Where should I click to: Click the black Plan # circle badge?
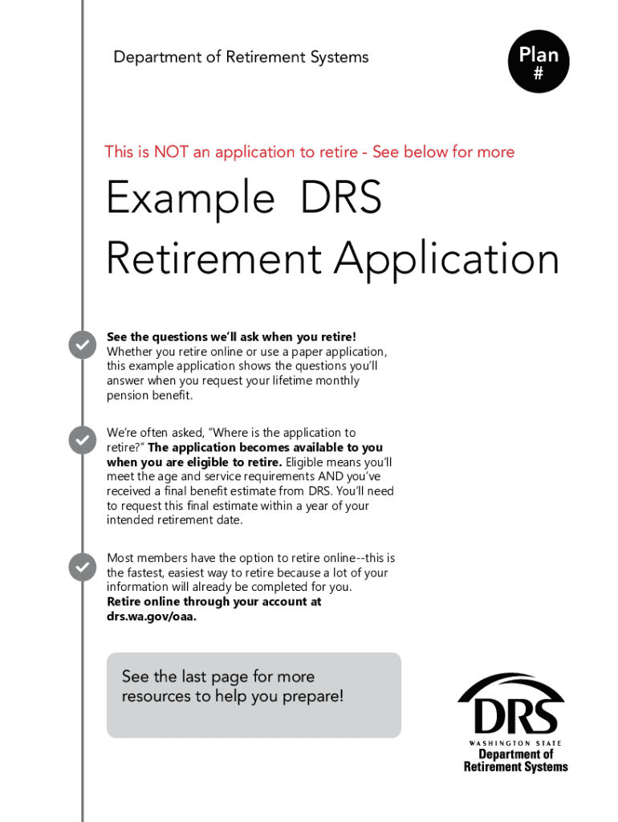point(539,63)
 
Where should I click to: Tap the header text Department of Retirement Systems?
point(241,57)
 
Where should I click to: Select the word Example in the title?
point(190,197)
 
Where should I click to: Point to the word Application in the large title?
point(447,259)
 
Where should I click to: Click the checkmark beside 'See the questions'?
point(82,344)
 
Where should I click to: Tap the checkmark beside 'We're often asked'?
point(82,440)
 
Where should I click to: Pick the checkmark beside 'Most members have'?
point(82,567)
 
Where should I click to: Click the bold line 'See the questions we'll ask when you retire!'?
point(231,337)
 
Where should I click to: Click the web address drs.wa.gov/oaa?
point(152,616)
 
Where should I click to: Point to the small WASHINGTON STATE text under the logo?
point(515,743)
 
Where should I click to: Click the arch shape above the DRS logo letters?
point(512,684)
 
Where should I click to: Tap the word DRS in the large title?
point(341,197)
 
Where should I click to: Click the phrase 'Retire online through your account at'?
point(214,602)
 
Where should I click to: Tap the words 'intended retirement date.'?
point(173,520)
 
